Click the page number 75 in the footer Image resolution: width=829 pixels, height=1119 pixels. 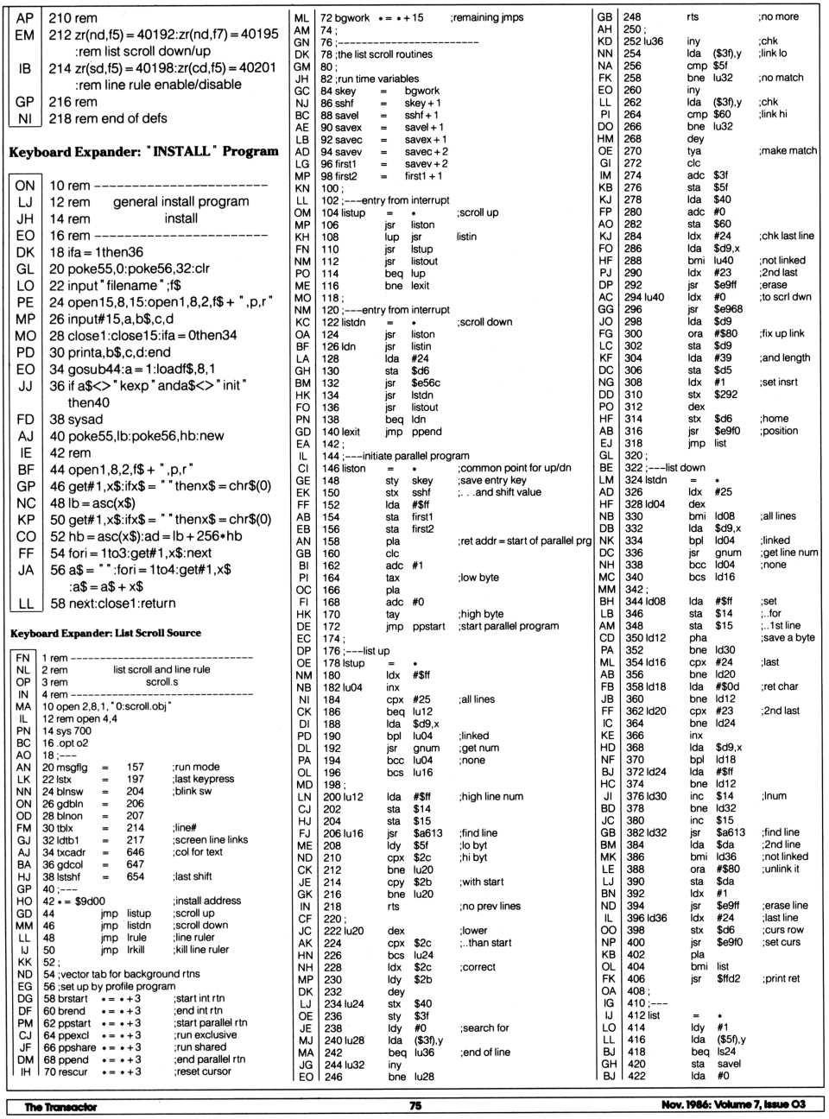tap(414, 1105)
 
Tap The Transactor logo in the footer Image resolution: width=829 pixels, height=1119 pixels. tap(60, 1106)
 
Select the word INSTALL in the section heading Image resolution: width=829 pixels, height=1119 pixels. tap(181, 151)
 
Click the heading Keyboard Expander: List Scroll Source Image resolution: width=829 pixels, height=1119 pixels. tap(105, 633)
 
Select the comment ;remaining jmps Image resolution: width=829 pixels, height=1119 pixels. tap(486, 17)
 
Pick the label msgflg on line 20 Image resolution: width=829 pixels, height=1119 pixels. tap(72, 767)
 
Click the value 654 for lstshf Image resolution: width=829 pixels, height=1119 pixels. tap(136, 876)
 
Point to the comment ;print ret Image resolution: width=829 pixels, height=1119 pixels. tap(781, 978)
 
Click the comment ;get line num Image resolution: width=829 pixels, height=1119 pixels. tap(788, 553)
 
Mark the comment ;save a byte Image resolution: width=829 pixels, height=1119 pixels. tap(787, 637)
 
